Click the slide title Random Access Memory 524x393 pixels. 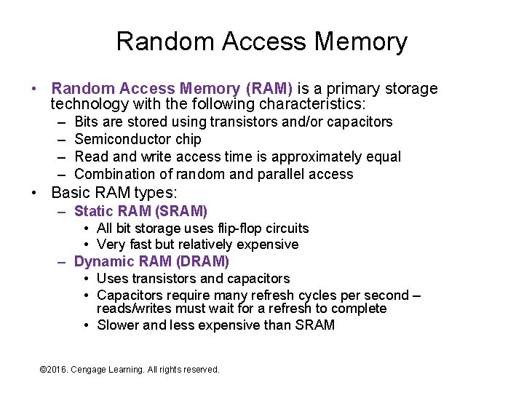(261, 41)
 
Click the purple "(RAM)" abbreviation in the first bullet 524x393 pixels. (270, 89)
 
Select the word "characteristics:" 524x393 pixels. (303, 105)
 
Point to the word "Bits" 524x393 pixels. (88, 122)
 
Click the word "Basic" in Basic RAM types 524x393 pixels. (70, 194)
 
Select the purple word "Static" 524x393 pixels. (94, 211)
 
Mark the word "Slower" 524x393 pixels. (118, 325)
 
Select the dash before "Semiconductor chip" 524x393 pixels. (60, 139)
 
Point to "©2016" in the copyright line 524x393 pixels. (53, 370)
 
